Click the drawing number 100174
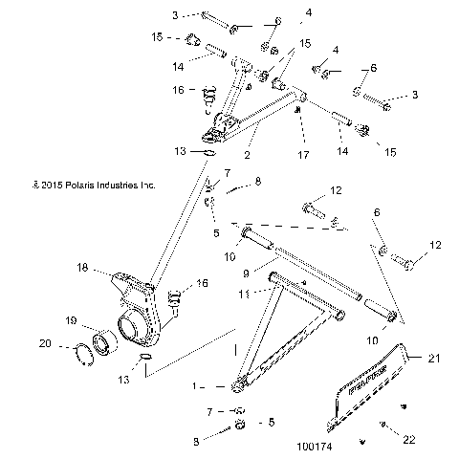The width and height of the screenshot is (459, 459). (317, 446)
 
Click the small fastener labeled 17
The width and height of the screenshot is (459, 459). (300, 112)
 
